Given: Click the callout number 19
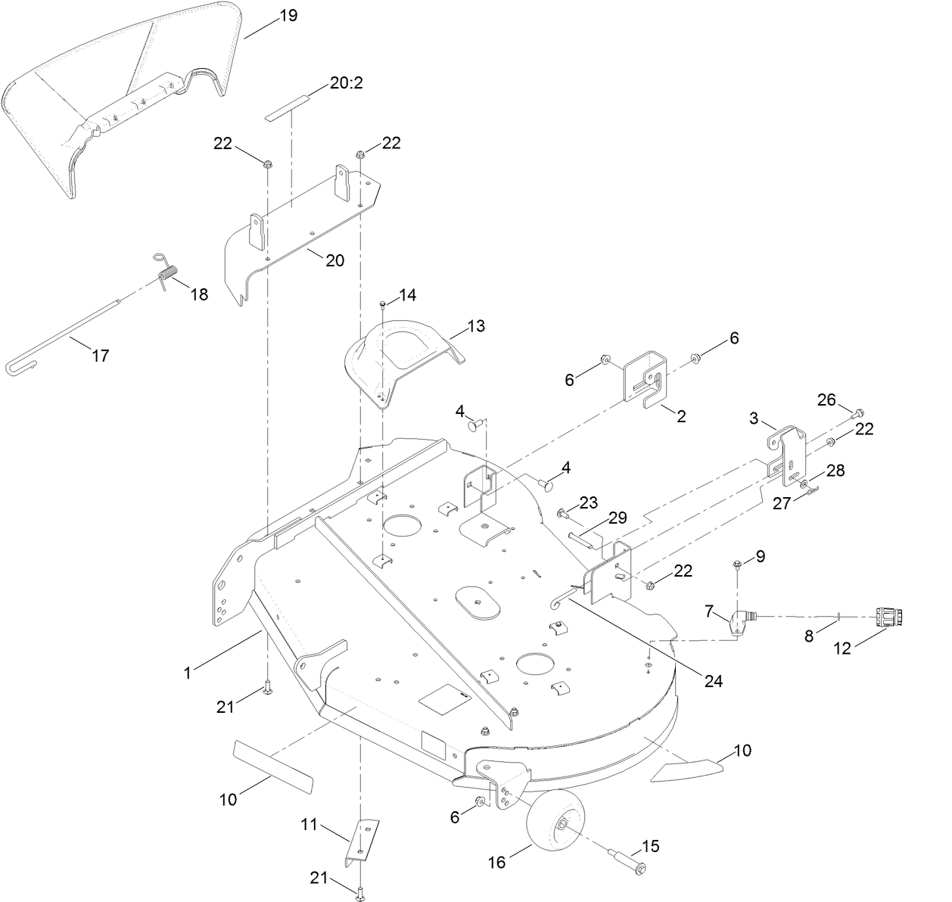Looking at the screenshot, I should [x=288, y=16].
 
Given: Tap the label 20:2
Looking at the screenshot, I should [x=347, y=82].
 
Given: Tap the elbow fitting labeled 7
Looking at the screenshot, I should [x=737, y=623].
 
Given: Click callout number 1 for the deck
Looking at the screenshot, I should [x=187, y=671].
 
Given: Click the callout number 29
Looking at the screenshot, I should [x=617, y=518].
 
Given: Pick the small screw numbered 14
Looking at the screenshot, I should [x=383, y=303].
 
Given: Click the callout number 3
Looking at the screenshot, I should [x=753, y=417].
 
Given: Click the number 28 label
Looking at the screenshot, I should [x=835, y=470].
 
